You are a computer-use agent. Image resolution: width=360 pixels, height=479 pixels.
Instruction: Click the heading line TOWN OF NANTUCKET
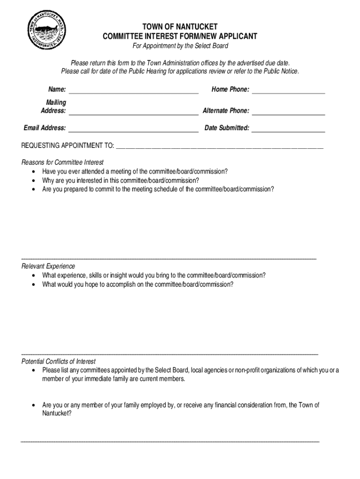click(x=180, y=27)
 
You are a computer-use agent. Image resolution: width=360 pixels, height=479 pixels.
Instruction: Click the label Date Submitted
click(x=227, y=128)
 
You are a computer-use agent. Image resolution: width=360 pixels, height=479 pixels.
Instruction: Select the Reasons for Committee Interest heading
click(x=62, y=162)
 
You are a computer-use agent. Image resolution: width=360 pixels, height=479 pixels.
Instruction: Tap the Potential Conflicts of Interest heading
click(x=58, y=362)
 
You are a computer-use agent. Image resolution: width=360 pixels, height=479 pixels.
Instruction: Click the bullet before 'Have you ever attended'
click(x=33, y=172)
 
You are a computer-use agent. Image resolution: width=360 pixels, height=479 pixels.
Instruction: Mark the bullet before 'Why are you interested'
click(x=33, y=181)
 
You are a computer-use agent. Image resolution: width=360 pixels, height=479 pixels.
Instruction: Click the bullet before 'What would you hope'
click(x=33, y=284)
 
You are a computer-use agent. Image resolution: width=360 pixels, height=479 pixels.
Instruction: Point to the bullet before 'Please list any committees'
click(x=33, y=370)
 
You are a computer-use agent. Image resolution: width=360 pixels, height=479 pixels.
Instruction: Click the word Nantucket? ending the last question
click(x=57, y=414)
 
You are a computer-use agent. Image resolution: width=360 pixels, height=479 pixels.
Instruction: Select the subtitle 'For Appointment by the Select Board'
click(x=180, y=46)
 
